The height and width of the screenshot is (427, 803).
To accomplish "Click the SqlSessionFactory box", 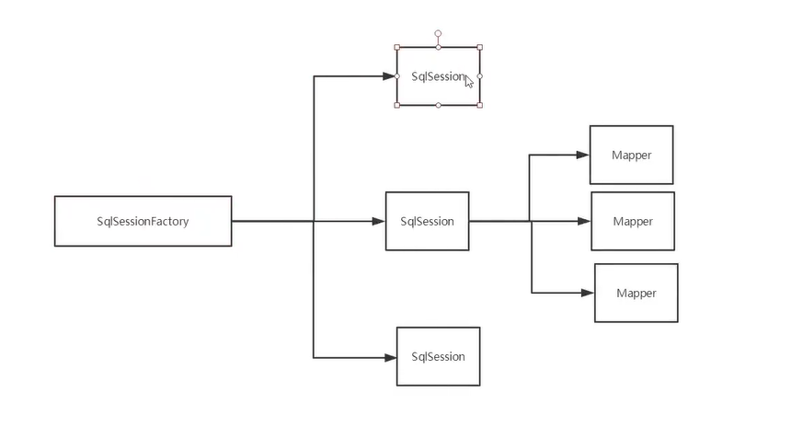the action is pos(143,221).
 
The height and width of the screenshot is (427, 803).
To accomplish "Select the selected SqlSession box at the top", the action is pos(439,75).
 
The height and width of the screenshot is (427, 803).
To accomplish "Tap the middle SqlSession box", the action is pos(427,221).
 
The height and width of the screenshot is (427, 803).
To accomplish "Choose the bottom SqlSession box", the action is pos(439,356).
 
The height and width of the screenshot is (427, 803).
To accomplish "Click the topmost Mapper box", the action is pos(631,155).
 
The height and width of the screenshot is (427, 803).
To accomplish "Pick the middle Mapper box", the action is pos(633,221).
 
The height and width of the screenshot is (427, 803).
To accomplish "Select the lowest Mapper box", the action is pos(636,293).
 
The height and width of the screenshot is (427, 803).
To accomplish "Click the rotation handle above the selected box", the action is pos(438,33).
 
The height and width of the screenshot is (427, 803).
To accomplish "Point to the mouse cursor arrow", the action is pos(469,82).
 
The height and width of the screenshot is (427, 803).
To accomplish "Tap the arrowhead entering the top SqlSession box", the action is pos(390,76).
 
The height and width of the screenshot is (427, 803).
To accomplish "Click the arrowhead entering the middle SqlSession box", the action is pos(379,221).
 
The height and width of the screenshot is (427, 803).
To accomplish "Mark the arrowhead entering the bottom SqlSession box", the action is pos(390,357).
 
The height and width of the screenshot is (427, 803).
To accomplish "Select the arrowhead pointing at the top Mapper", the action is pos(583,155).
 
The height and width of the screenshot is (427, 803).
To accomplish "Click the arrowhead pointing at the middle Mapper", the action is pos(584,221).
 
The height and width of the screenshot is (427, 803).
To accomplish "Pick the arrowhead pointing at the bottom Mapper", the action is pos(588,293).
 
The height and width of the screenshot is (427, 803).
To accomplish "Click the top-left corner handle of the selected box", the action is pos(396,47).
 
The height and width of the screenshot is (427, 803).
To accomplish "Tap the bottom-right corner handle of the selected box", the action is pos(480,105).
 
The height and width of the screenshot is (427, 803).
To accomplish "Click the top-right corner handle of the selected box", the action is pos(480,47).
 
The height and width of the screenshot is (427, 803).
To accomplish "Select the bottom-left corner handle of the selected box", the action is pos(396,105).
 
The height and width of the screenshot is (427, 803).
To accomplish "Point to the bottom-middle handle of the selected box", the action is pos(439,105).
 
